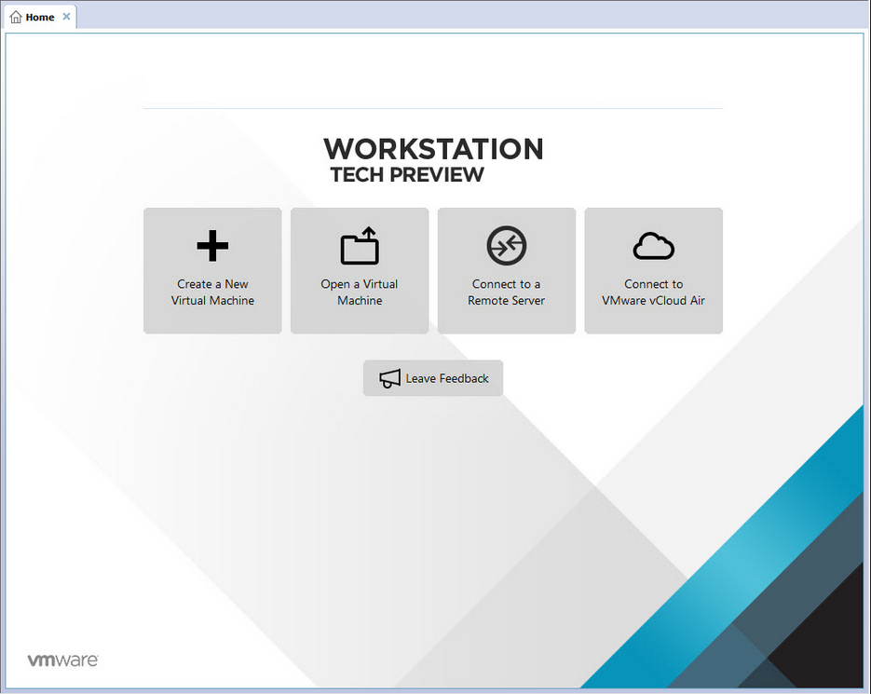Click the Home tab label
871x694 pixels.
(40, 17)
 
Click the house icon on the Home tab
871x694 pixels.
(16, 17)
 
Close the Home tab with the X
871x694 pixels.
(66, 17)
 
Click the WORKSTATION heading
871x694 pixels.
(433, 149)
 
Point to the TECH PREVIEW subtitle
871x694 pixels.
(407, 174)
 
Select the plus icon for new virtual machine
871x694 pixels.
(212, 246)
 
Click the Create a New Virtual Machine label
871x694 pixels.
(212, 293)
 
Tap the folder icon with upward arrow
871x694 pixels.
(360, 245)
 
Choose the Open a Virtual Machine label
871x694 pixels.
(360, 293)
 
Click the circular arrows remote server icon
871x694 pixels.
(507, 245)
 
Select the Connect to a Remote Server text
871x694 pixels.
(506, 293)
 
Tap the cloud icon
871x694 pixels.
(654, 246)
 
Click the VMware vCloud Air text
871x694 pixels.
(653, 301)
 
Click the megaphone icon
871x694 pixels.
(390, 379)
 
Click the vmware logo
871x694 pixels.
(62, 660)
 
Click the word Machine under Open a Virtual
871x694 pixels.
(360, 301)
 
